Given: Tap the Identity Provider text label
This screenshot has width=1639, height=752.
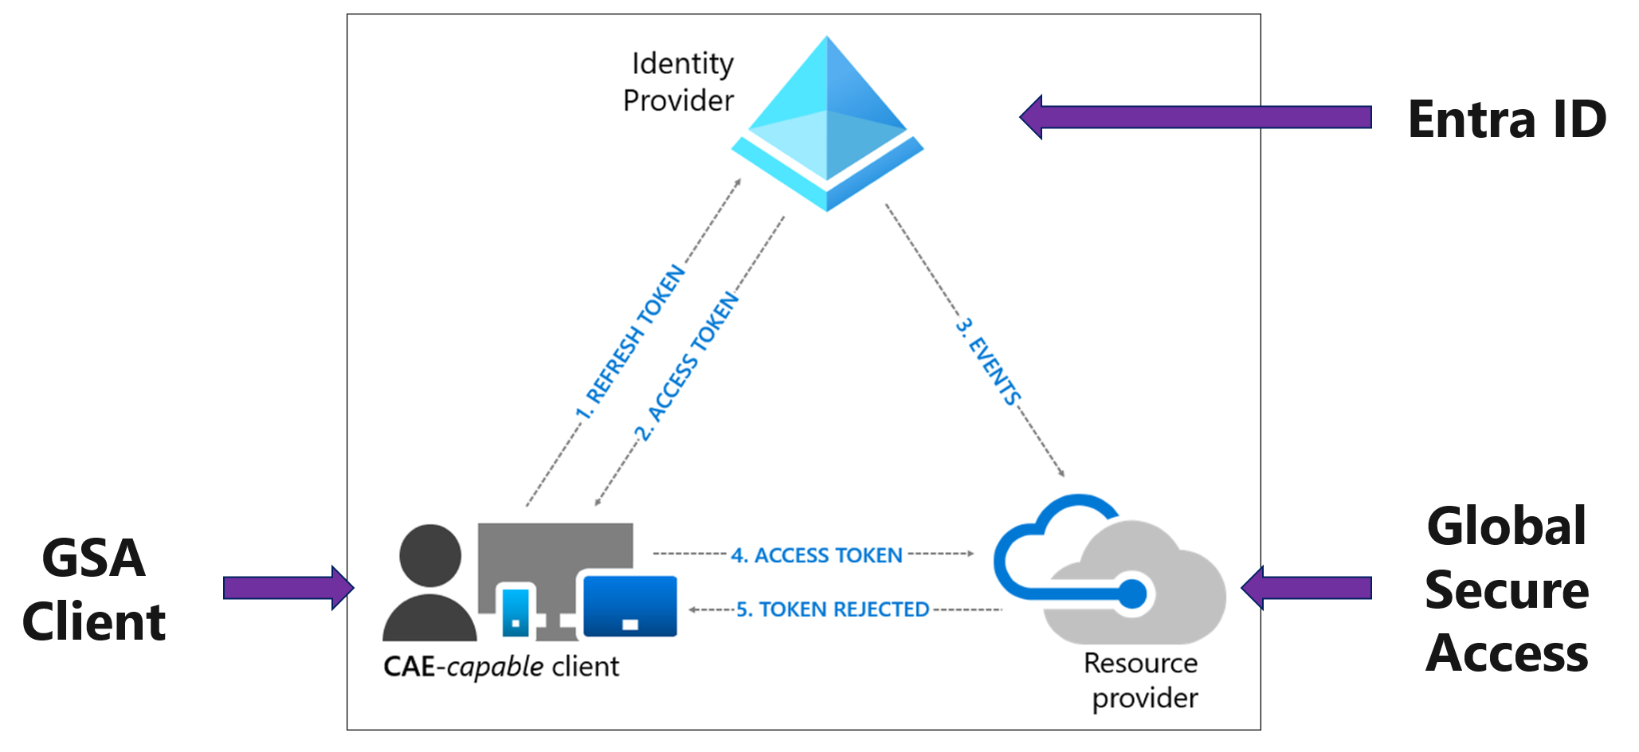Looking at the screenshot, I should point(680,82).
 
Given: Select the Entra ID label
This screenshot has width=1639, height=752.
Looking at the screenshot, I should point(1507,119).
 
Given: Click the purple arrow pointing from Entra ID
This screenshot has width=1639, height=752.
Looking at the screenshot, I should point(1195,117).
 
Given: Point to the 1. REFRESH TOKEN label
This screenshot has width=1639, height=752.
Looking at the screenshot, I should point(630,343).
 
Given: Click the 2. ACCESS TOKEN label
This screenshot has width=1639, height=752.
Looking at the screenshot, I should point(686,366).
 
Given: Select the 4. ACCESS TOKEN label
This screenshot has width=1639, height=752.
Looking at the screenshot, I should point(816,555).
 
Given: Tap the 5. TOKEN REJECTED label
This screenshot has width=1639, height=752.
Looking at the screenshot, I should point(832,609).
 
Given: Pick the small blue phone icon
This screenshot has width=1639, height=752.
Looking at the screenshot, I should point(516,611).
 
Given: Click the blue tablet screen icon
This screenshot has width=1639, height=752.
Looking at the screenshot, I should point(630,606).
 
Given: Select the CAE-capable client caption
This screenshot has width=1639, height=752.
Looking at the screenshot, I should point(500,667).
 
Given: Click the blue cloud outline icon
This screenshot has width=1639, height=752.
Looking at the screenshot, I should point(1036,550).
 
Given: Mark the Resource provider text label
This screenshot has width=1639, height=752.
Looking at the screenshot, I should point(1141,680).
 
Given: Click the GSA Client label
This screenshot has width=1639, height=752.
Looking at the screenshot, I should point(94,589).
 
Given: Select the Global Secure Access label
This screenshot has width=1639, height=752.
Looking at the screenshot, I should point(1506,589).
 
